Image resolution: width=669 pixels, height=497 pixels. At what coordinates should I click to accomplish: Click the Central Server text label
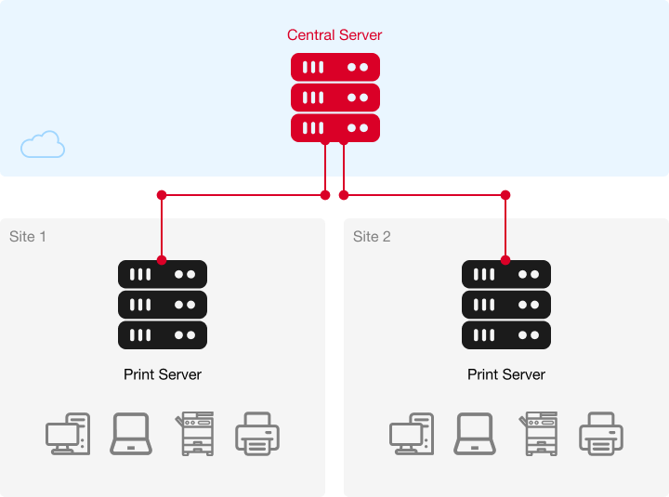click(334, 35)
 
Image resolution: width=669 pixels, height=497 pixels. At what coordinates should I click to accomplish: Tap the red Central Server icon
click(334, 98)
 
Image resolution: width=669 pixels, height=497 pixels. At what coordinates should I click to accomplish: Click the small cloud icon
click(43, 145)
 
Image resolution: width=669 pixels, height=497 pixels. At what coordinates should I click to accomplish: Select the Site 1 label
click(28, 237)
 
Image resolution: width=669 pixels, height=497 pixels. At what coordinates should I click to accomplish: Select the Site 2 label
click(372, 237)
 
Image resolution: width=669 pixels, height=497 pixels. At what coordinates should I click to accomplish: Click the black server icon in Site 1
click(163, 305)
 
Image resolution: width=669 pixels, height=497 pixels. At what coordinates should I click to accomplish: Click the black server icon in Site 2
click(506, 305)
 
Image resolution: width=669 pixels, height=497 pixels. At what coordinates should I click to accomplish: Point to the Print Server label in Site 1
click(163, 374)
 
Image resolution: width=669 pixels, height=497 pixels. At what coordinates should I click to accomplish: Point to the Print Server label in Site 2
click(506, 374)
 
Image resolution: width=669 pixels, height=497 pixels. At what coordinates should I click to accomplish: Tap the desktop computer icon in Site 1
click(68, 434)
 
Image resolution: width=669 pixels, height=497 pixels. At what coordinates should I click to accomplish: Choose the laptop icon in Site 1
click(131, 434)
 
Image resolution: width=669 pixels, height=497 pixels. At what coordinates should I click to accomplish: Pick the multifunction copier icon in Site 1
click(194, 434)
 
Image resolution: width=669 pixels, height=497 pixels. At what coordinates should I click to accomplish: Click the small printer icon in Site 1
click(257, 434)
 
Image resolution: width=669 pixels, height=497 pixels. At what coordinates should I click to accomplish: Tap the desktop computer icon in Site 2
click(412, 434)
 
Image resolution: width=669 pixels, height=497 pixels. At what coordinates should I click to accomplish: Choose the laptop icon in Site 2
click(475, 434)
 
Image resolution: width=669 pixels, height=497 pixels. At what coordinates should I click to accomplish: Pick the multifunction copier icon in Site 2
click(538, 434)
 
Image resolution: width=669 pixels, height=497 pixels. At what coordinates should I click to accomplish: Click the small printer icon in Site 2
click(601, 434)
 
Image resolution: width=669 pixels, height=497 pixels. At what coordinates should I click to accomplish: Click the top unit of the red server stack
click(334, 67)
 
